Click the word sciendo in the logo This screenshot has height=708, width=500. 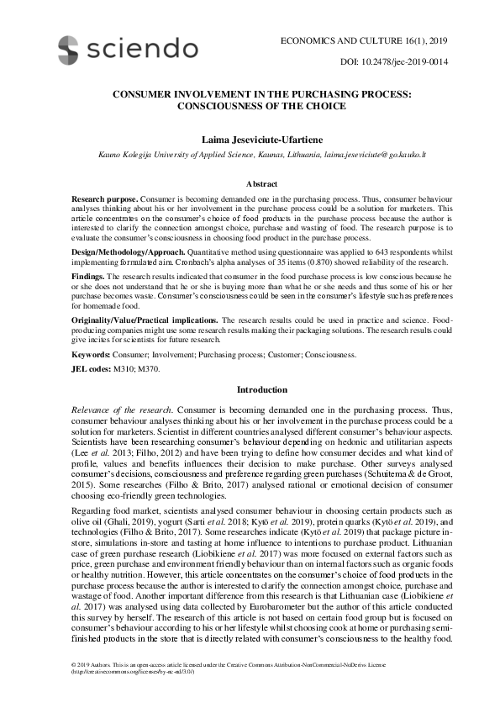tap(145, 47)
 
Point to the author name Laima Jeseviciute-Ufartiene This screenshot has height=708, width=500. tap(250, 137)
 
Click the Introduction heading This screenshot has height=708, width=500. tap(262, 390)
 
